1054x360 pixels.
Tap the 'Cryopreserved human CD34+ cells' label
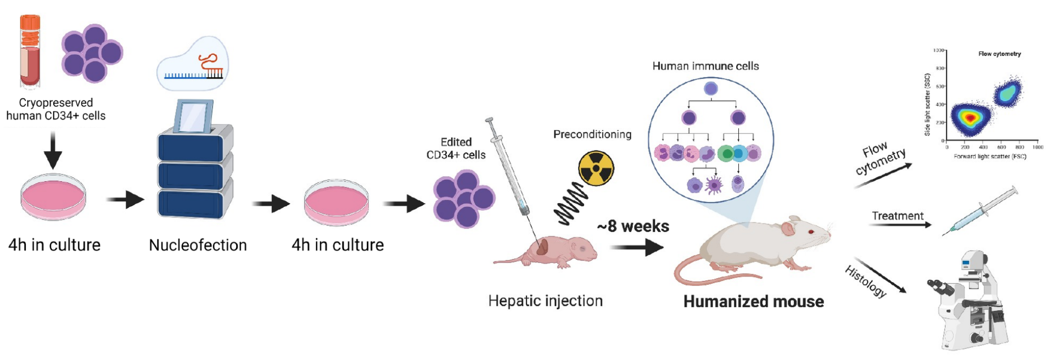(55, 109)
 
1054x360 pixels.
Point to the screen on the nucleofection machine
(193, 116)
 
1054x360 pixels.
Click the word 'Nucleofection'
(198, 245)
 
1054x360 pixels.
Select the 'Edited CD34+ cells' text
(456, 148)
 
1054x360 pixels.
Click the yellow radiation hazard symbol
(596, 168)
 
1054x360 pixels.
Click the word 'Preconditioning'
(592, 134)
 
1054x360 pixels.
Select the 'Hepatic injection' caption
(545, 301)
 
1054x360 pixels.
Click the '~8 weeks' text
(633, 226)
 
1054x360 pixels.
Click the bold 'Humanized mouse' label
(753, 301)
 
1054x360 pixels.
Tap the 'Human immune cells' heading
(705, 66)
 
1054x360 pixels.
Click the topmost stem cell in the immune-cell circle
(710, 88)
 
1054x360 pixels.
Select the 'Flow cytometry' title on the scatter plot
(999, 54)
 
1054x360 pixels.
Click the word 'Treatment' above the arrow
(898, 216)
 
